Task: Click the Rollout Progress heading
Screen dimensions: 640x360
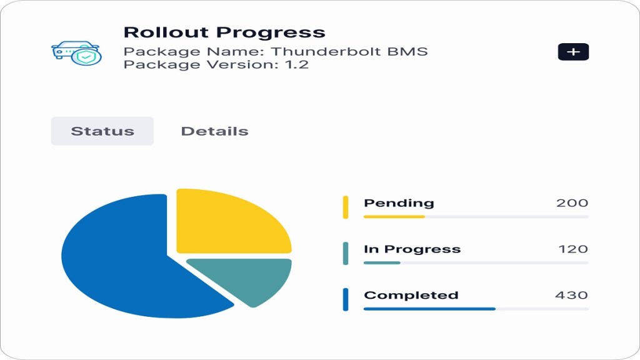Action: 224,32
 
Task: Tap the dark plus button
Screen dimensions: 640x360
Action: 573,52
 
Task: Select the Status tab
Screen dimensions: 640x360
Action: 102,131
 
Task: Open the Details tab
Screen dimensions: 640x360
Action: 215,131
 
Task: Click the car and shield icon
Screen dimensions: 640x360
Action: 77,53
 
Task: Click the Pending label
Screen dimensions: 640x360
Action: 399,203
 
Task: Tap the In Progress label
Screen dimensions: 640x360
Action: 412,249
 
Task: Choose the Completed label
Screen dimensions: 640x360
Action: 411,295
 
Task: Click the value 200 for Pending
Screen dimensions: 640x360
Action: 572,203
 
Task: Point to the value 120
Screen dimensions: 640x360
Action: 573,249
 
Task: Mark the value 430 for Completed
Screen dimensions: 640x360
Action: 571,295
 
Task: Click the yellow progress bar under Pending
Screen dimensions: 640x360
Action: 394,217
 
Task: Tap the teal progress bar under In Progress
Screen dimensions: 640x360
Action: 382,263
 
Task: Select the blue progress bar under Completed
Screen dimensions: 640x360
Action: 429,309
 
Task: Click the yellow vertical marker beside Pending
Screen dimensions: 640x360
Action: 346,207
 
